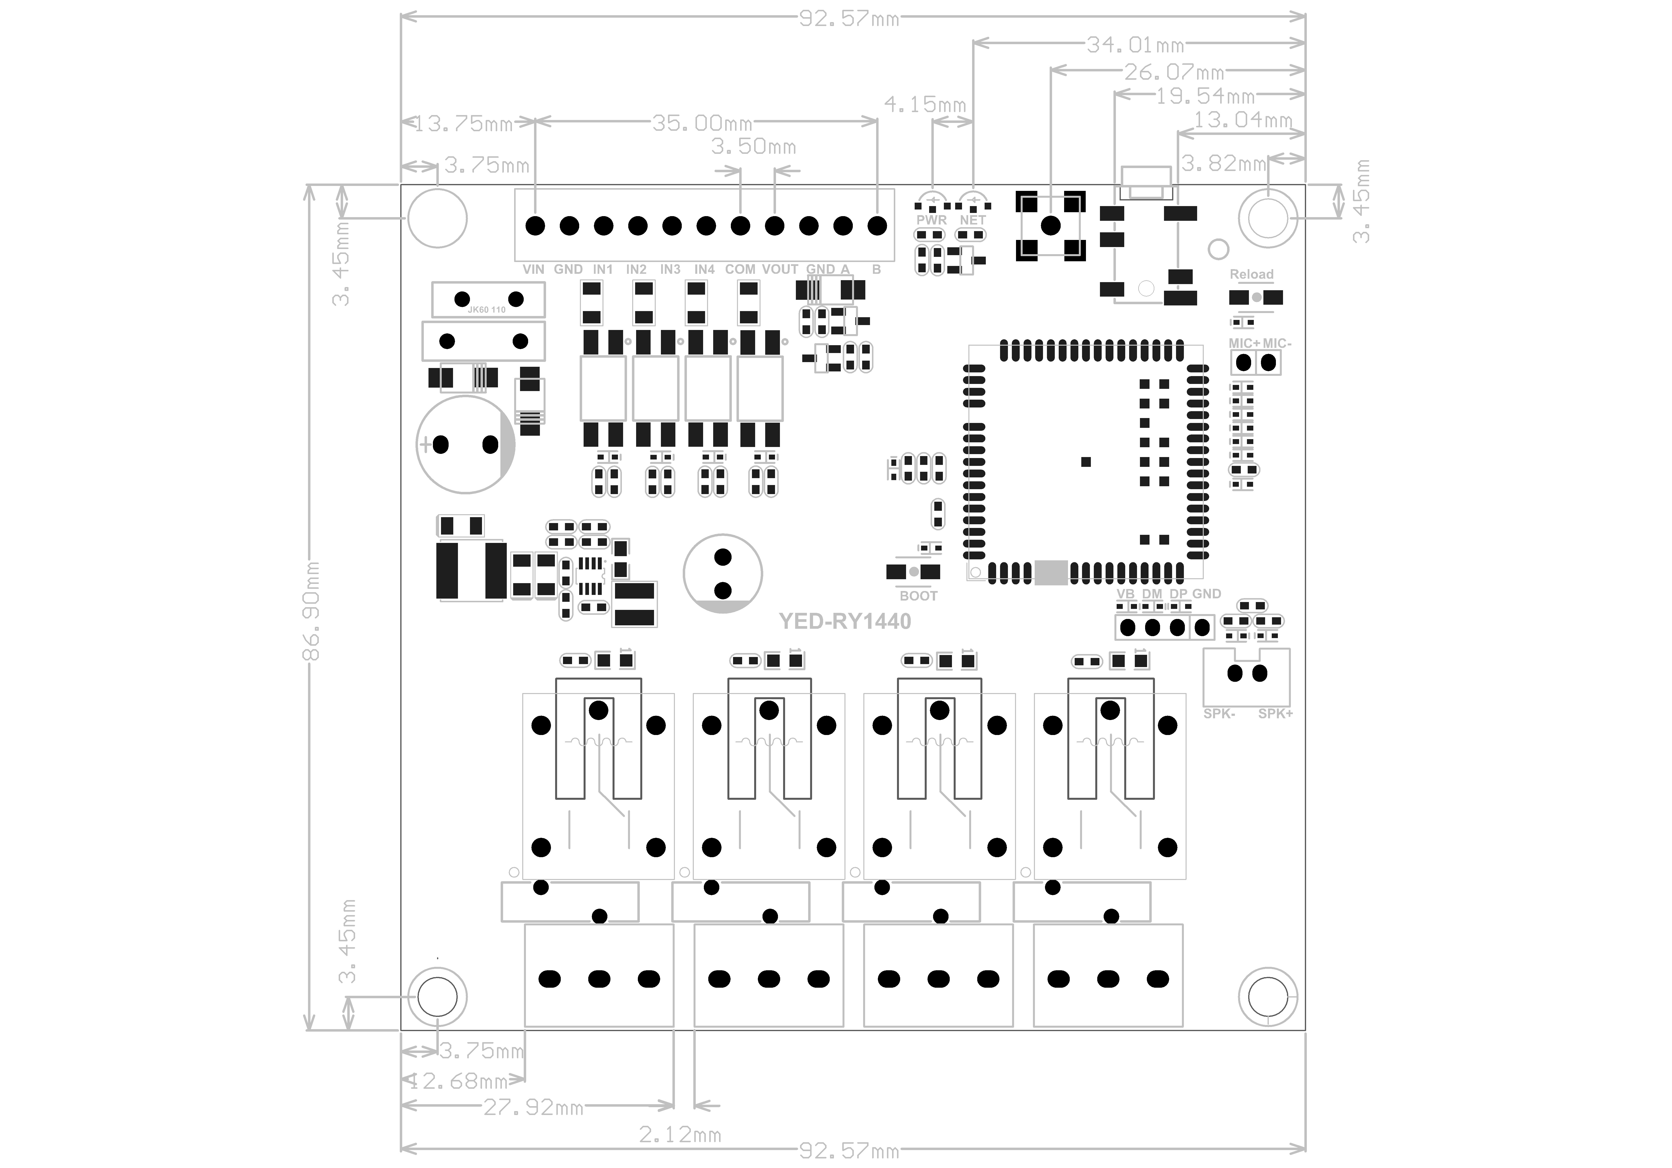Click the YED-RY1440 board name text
point(845,621)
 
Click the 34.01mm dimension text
point(1135,45)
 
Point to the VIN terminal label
point(533,269)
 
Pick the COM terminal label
point(740,269)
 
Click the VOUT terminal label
point(780,269)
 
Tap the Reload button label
point(1251,275)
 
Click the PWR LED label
point(931,220)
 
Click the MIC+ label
point(1244,343)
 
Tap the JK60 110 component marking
point(486,309)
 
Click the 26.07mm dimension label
point(1174,72)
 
